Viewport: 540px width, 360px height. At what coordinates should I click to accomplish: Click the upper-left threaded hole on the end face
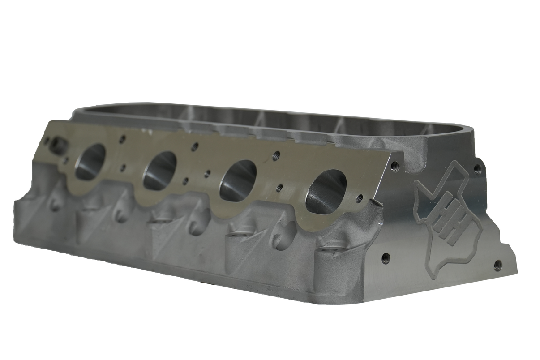tap(394, 167)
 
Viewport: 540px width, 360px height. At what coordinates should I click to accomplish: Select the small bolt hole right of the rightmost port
tap(358, 197)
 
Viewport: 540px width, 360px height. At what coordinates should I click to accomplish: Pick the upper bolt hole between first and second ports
tap(120, 140)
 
